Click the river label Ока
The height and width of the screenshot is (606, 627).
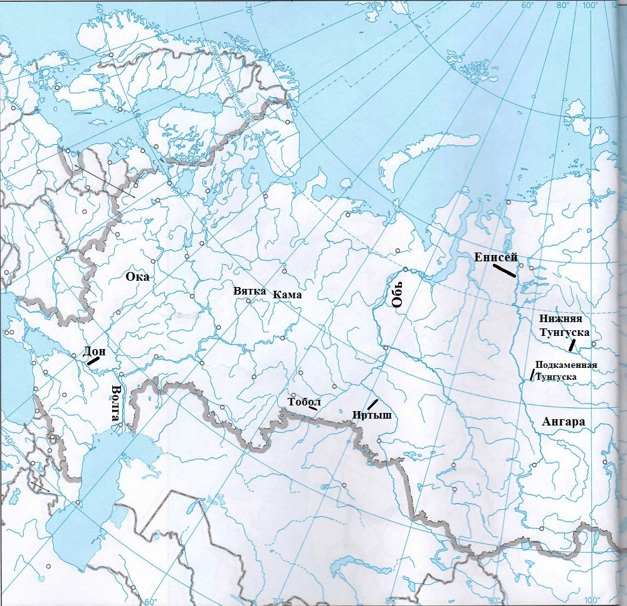(138, 276)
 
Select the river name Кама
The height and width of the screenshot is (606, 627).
(287, 295)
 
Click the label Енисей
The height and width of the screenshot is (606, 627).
(495, 257)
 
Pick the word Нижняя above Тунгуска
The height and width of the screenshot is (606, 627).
(560, 319)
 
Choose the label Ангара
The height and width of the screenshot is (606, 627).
(562, 422)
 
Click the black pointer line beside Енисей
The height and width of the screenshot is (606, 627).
(504, 270)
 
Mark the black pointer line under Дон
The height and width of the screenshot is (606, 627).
(93, 361)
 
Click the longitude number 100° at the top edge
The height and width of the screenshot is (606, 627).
(589, 6)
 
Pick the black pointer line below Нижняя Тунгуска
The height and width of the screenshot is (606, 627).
(572, 345)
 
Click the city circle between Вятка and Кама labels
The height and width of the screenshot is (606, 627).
(248, 301)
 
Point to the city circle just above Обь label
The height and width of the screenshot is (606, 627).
(406, 270)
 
